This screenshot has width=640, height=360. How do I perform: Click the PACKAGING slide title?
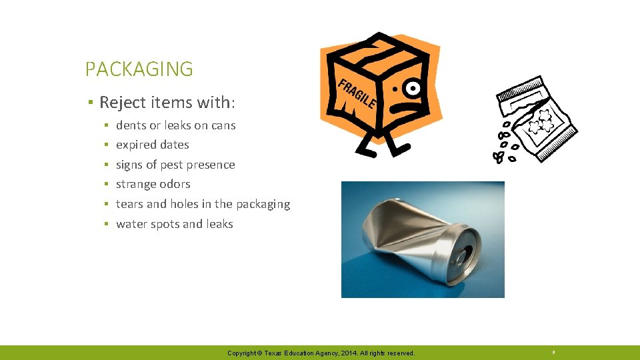coord(139,69)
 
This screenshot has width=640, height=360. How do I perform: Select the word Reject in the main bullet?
coord(120,103)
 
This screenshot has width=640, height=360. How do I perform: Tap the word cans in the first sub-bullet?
coord(223,125)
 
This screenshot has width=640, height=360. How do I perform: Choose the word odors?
coord(175,184)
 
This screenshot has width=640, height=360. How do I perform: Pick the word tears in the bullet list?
coord(129,204)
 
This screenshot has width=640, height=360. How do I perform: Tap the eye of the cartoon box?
coord(414,87)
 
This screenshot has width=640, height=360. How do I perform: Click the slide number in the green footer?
coord(553,352)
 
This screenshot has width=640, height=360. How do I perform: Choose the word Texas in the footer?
coord(273,353)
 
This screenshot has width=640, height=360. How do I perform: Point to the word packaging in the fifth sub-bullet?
coord(263,204)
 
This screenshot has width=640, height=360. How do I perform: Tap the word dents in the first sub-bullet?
coord(131,125)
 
